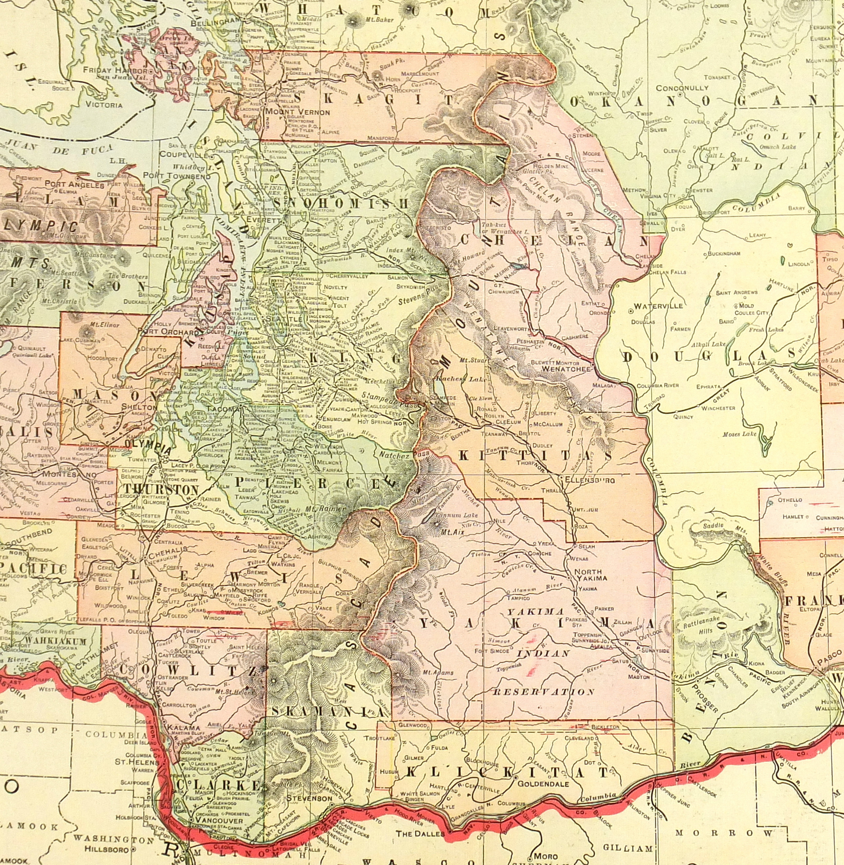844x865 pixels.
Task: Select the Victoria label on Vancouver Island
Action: coord(104,105)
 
